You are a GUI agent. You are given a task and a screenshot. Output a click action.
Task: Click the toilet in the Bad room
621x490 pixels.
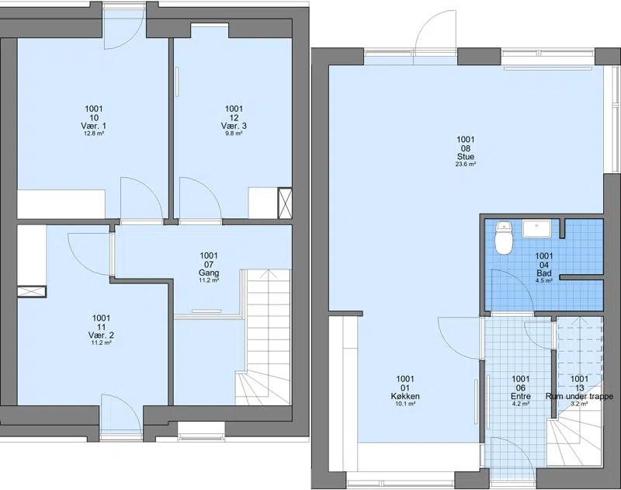(504, 238)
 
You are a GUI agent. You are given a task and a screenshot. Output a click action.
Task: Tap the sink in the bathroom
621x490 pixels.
(536, 229)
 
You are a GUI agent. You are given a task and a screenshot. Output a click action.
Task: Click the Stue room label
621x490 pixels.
(465, 156)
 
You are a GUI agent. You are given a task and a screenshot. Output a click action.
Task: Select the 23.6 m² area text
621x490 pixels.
(465, 164)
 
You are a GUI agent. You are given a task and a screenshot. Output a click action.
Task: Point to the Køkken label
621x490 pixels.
(405, 396)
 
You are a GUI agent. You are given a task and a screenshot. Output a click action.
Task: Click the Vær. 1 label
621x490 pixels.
(93, 126)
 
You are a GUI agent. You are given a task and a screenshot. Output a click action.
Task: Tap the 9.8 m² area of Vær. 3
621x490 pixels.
(234, 134)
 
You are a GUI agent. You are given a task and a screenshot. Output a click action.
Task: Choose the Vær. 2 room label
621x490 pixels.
(101, 335)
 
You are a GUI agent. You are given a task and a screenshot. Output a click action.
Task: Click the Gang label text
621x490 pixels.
(209, 273)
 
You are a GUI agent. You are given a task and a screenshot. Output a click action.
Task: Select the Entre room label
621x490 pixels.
(521, 396)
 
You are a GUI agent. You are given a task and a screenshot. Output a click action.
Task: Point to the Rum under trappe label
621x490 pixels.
(579, 396)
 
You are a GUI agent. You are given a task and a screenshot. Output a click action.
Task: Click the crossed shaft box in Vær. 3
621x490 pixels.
(285, 203)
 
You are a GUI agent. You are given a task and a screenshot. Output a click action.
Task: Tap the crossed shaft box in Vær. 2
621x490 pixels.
(32, 291)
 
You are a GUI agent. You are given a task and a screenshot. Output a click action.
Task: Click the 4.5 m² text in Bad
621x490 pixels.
(544, 280)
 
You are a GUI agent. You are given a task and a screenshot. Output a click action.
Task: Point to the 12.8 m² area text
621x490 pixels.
(93, 134)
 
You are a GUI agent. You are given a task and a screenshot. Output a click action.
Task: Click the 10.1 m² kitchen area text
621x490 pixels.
(405, 404)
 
